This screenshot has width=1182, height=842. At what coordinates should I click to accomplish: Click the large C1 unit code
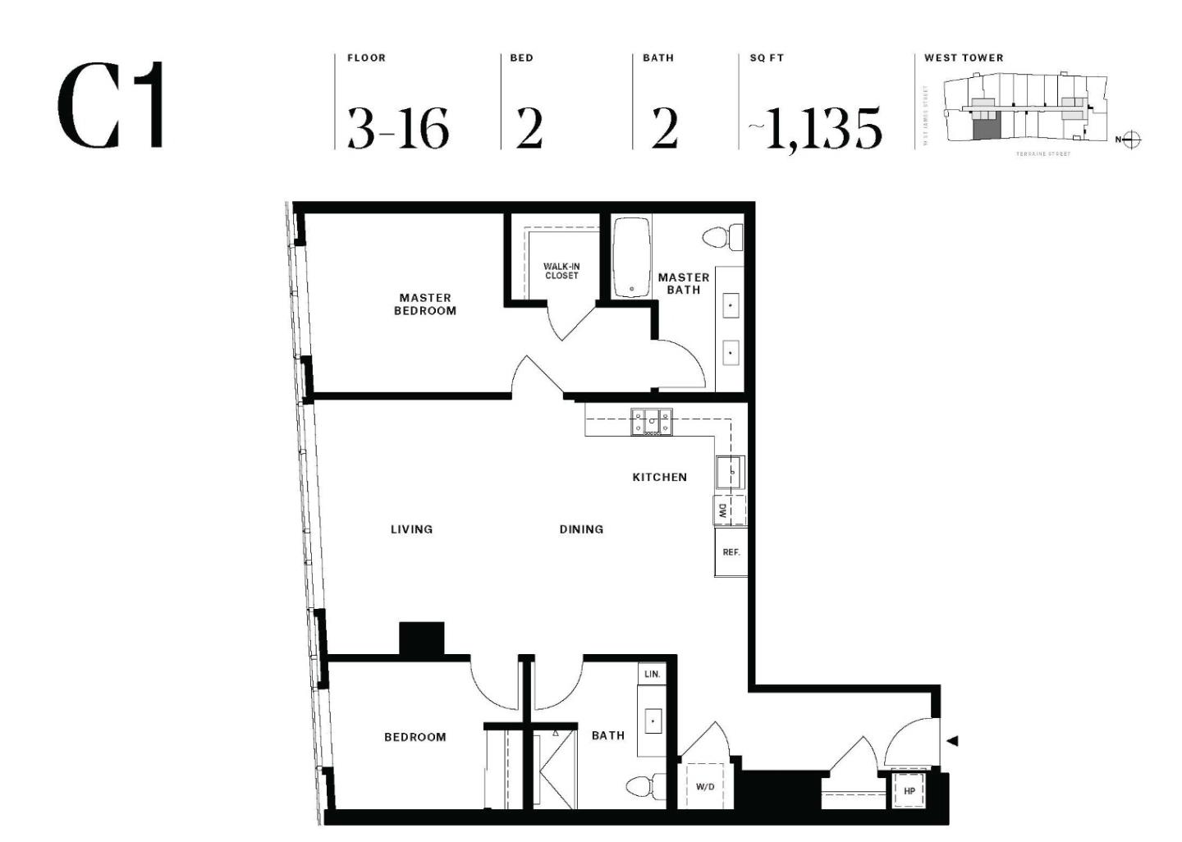(x=112, y=106)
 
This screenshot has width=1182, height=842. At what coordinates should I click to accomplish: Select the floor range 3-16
(x=398, y=128)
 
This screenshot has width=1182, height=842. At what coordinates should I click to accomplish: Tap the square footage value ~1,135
(x=815, y=128)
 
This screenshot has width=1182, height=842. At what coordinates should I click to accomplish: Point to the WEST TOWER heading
(x=964, y=57)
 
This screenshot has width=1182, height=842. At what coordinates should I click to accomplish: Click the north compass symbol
(x=1131, y=140)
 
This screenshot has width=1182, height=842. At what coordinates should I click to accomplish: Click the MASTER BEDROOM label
(x=425, y=304)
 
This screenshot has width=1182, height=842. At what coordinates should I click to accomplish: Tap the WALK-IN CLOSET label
(x=561, y=272)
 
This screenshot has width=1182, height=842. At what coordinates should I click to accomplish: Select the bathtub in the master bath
(x=631, y=257)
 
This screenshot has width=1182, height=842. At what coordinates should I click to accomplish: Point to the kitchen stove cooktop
(x=651, y=422)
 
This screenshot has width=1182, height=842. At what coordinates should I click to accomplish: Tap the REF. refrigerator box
(x=731, y=552)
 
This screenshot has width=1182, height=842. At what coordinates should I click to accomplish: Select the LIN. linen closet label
(x=653, y=674)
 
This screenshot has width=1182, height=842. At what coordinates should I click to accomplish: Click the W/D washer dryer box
(x=705, y=786)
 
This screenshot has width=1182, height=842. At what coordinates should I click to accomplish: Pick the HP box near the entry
(x=909, y=791)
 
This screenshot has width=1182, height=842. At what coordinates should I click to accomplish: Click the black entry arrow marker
(x=952, y=741)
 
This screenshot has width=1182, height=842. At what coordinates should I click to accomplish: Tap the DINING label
(x=581, y=529)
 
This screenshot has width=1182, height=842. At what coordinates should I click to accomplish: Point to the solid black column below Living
(x=421, y=638)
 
